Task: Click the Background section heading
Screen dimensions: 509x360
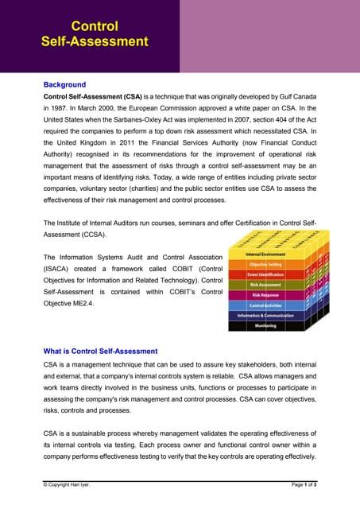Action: [64, 84]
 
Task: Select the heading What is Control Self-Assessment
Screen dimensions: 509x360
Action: [100, 351]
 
